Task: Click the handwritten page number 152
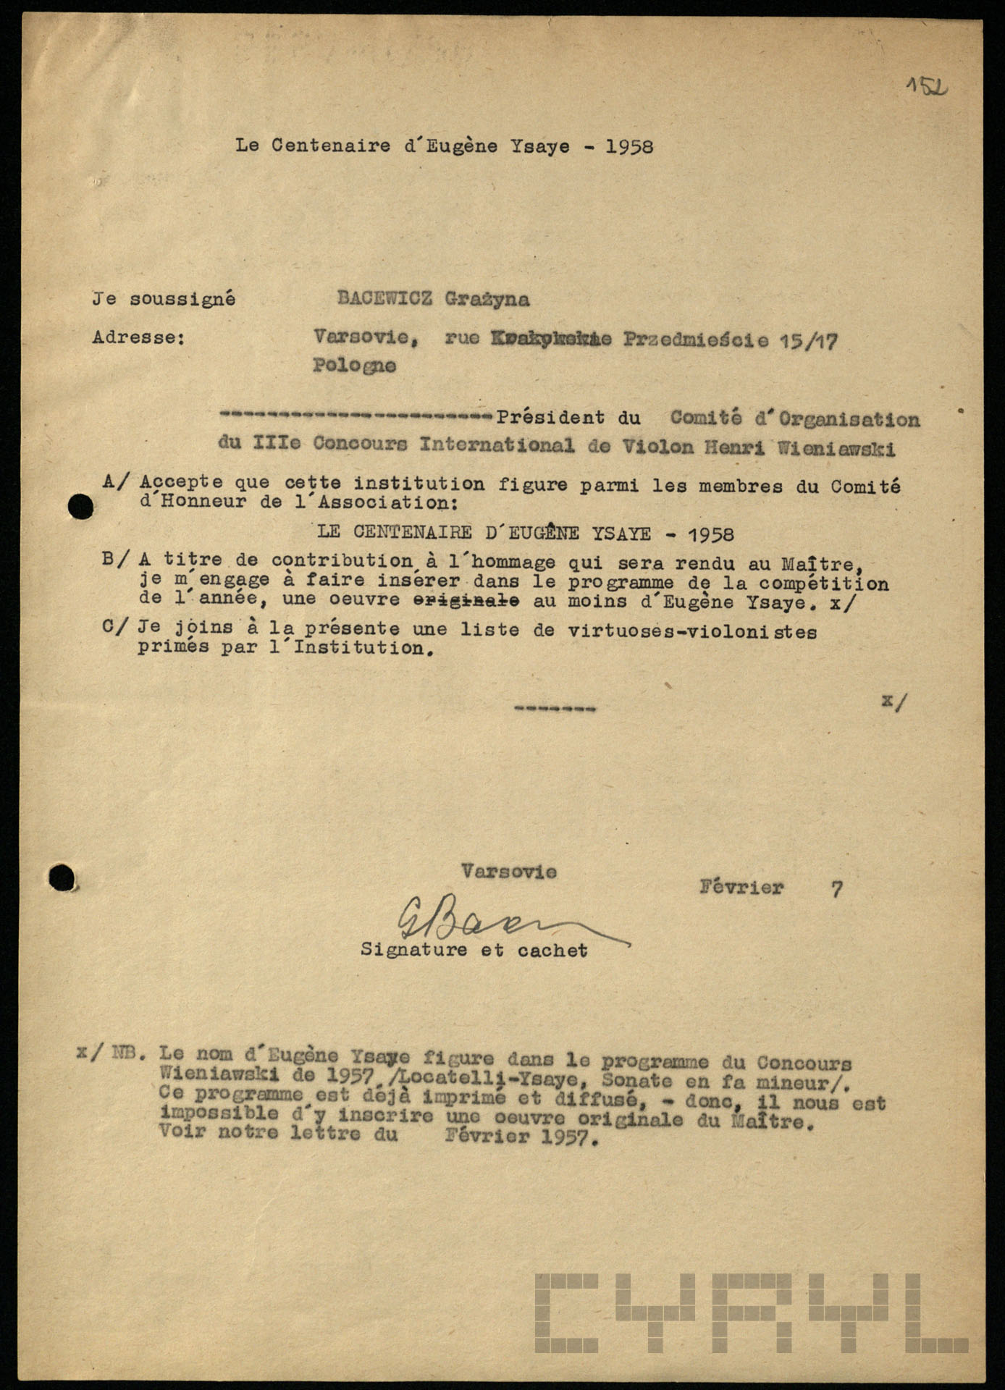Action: coord(927,88)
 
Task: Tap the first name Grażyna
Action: coord(487,299)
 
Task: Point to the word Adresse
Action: coord(138,337)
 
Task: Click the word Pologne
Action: coord(354,366)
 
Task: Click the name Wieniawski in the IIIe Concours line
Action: coord(836,448)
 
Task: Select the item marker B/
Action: coord(117,560)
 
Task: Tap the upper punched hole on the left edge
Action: coord(80,507)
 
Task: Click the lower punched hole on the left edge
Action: coord(62,878)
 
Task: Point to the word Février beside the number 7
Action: coord(741,888)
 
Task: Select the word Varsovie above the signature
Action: coord(508,872)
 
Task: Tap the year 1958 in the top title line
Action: coord(629,147)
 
